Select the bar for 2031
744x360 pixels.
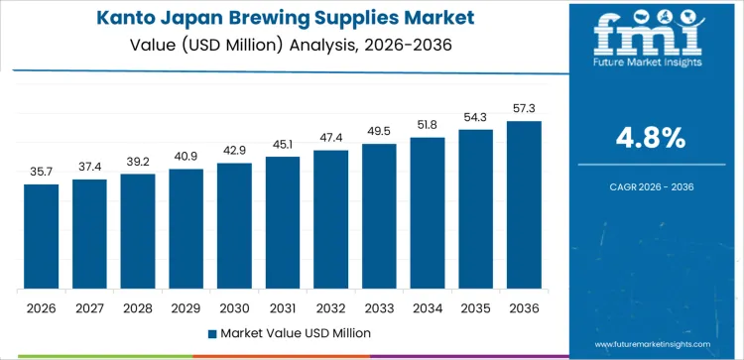pos(282,222)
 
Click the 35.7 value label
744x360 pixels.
pos(42,172)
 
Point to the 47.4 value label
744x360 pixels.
pos(330,138)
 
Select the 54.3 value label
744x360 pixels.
pos(475,118)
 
